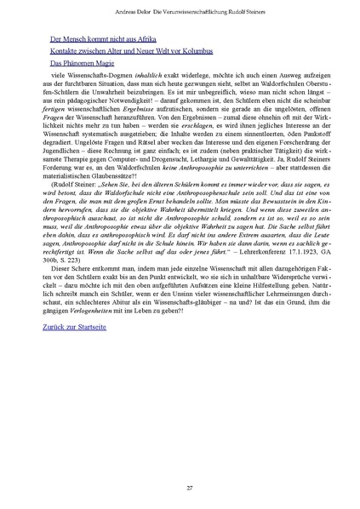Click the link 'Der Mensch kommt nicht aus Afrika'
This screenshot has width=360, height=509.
92,40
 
